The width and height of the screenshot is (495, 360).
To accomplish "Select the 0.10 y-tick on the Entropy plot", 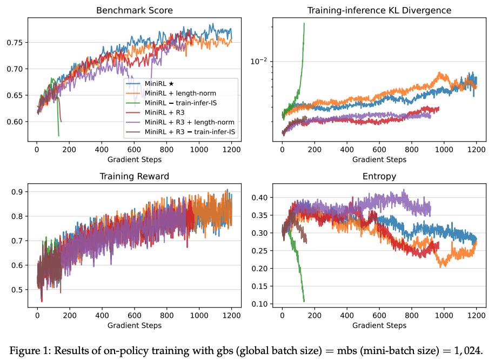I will [x=262, y=304].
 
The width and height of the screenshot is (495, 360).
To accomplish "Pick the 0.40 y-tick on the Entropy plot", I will [x=262, y=198].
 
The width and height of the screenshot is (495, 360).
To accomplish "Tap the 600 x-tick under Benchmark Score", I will [x=133, y=150].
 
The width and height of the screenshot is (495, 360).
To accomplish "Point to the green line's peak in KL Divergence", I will [x=304, y=23].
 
